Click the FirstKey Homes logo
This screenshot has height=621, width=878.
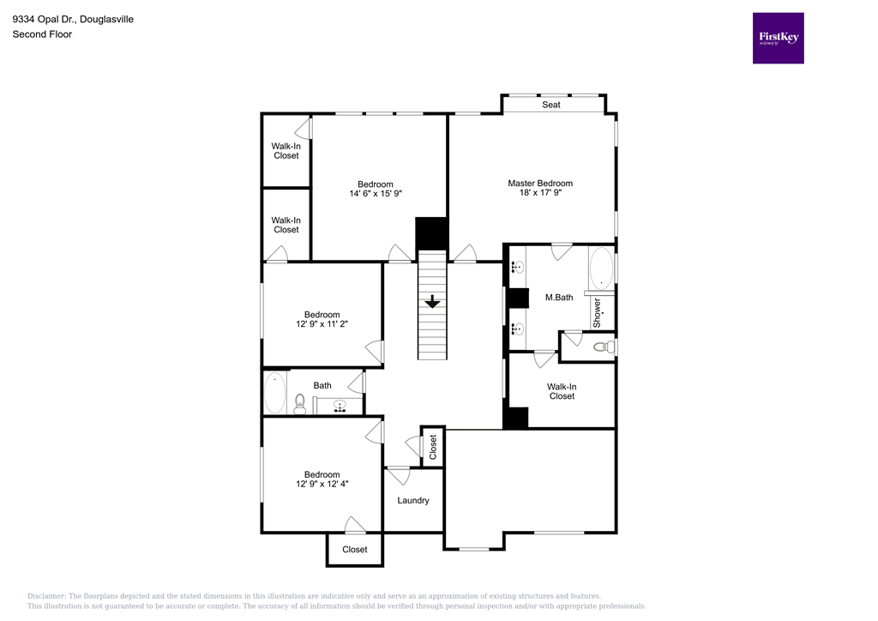point(778,38)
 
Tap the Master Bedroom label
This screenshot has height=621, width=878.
point(539,183)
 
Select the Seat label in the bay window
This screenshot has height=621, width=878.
point(551,105)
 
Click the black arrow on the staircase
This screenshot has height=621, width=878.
point(432,301)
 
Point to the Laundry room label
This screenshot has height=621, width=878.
point(412,500)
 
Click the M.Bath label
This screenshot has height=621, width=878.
point(558,298)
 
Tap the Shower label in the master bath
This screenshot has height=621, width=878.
point(598,313)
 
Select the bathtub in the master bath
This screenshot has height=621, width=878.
point(601,268)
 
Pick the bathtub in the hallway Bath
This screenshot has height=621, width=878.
point(274,393)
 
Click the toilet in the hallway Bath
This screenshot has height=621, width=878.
point(299,403)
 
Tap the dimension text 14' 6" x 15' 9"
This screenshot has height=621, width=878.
point(376,194)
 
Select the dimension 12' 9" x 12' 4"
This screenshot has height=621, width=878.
point(322,484)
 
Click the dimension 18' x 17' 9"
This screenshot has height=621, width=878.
point(539,193)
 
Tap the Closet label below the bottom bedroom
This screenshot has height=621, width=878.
point(355,549)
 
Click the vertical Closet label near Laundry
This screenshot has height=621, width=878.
point(433,446)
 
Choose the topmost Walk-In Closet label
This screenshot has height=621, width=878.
point(286,151)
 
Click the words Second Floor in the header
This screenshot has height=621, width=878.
point(41,34)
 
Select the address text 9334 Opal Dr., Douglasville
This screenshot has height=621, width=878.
point(73,19)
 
